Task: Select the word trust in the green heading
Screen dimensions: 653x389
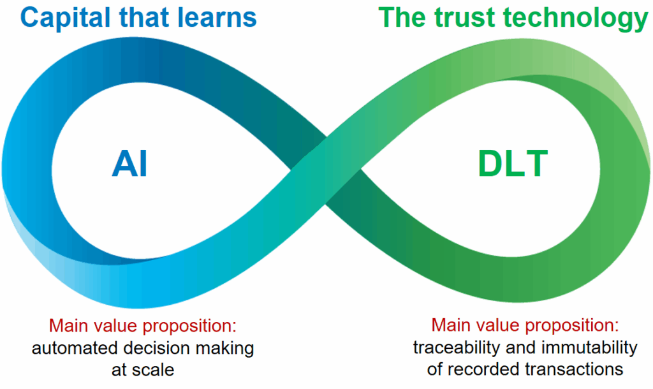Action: click(464, 18)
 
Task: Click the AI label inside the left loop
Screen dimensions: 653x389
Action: click(129, 164)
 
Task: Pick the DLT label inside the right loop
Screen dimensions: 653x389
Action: click(513, 164)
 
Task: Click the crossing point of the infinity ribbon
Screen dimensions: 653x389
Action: click(326, 170)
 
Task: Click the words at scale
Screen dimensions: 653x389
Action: click(143, 369)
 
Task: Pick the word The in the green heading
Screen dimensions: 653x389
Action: click(402, 18)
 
